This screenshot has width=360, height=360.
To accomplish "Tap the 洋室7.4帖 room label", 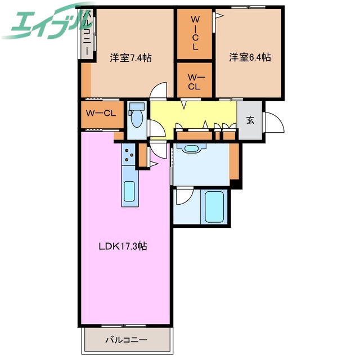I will tap(130, 57).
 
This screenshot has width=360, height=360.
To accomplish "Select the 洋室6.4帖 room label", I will tap(250, 57).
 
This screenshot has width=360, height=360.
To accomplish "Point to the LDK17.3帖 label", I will tap(124, 246).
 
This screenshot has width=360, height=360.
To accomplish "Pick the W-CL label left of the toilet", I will tap(101, 112).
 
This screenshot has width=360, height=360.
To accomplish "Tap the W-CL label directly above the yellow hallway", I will tap(195, 82).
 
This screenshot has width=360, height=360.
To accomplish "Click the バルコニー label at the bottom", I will tap(126, 340).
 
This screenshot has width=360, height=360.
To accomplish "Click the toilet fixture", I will tap(136, 116).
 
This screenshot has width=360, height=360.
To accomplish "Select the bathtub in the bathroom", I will tap(214, 207).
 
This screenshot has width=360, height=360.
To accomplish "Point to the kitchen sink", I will tap(129, 192).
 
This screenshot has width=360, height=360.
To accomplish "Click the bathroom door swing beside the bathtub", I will tap(183, 197).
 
